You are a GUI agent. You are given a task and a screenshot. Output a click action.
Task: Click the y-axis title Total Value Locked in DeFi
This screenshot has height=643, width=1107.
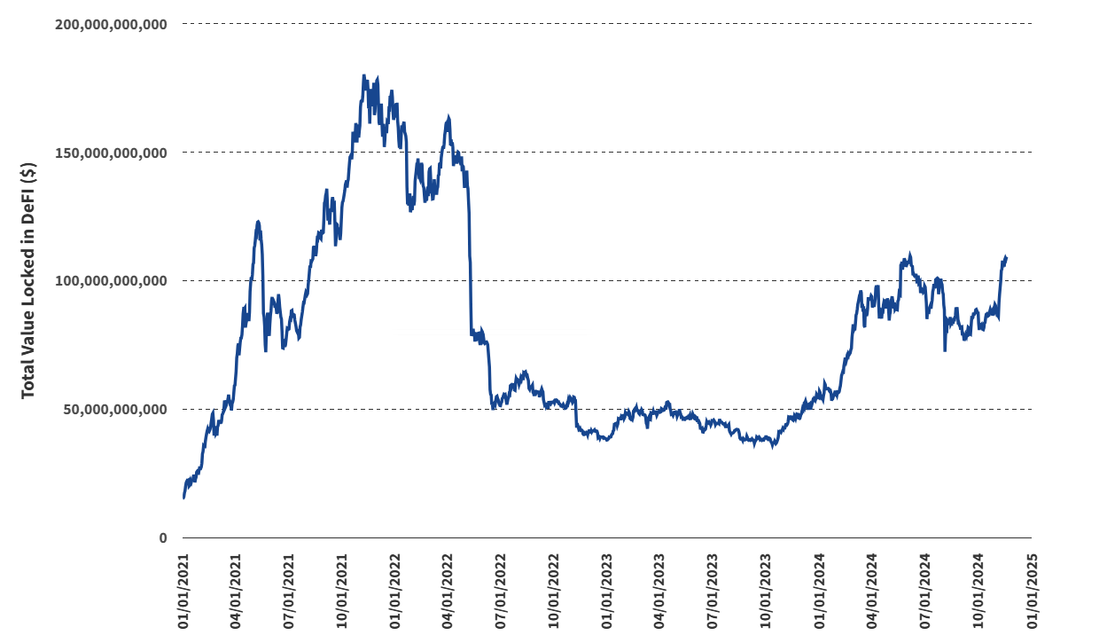(x=29, y=280)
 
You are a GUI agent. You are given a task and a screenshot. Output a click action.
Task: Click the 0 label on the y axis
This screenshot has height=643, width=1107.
(x=162, y=538)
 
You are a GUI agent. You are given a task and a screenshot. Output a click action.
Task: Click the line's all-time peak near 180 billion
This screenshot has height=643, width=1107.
(x=364, y=76)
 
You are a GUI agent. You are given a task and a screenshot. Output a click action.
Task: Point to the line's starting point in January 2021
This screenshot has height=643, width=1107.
(x=183, y=498)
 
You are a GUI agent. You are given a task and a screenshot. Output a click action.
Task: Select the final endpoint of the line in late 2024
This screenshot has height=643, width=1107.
(x=1006, y=257)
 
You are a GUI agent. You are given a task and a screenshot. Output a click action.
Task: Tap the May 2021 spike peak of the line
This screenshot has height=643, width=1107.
(x=258, y=222)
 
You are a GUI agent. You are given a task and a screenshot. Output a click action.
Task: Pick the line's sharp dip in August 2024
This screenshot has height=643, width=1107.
(x=945, y=350)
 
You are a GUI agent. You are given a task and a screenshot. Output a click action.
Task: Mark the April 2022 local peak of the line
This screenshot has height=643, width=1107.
(x=448, y=117)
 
